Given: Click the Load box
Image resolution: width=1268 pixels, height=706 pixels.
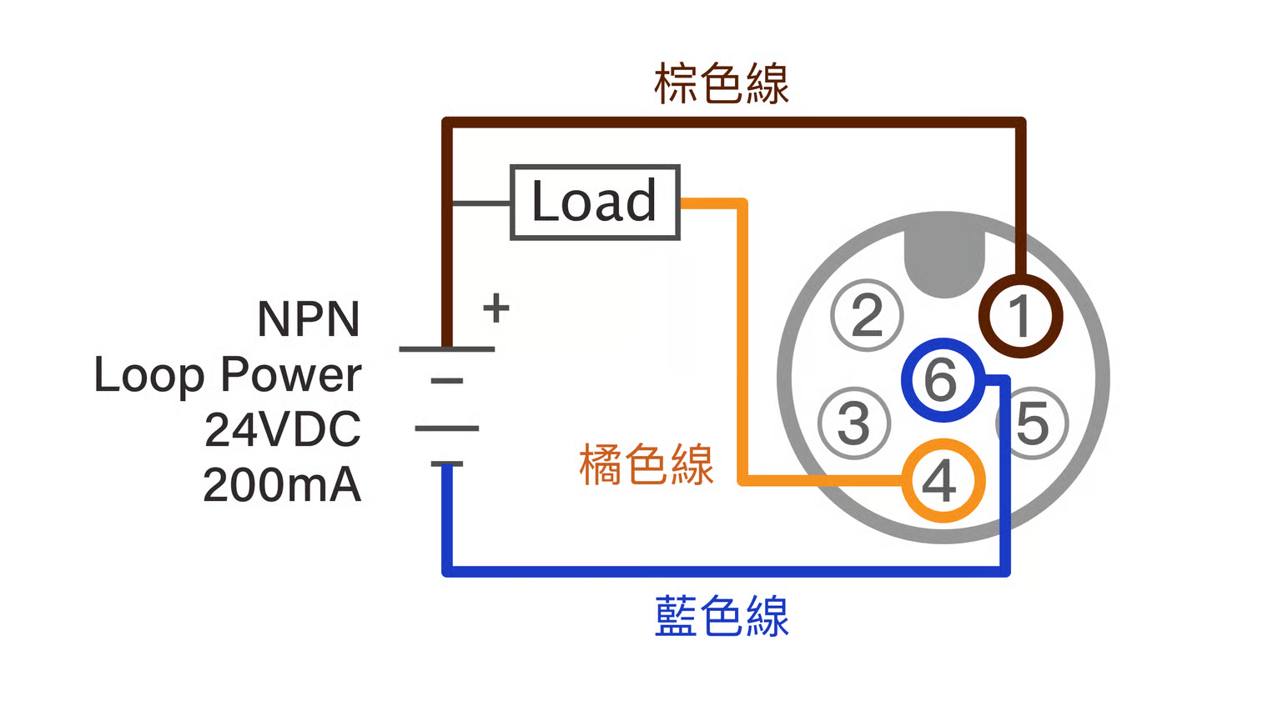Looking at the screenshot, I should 595,203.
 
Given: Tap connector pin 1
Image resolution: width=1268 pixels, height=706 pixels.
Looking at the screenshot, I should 1020,317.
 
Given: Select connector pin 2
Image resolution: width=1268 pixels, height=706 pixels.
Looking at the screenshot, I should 868,315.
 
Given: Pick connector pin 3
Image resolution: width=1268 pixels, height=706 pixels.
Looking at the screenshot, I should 854,423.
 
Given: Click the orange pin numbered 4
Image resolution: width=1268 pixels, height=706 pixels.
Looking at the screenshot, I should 943,481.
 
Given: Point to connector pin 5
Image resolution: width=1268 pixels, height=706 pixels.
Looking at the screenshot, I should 1033,423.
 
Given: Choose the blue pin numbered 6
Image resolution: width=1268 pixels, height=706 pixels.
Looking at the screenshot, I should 942,380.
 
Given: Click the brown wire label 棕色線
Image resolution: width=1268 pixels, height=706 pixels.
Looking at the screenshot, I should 721,84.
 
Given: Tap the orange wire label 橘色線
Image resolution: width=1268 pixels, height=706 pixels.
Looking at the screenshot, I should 647,465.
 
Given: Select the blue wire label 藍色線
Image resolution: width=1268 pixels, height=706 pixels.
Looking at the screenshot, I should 722,617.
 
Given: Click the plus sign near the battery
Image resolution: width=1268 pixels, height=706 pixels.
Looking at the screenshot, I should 496,308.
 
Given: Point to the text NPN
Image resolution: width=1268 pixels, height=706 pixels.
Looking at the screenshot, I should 309,319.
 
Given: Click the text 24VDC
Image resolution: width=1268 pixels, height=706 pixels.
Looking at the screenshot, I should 283,429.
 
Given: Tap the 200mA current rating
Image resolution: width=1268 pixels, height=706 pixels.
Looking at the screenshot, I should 282,485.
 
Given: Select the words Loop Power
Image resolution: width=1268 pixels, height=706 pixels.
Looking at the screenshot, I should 228,374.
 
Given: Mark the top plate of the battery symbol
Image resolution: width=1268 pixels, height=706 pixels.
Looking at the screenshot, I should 447,348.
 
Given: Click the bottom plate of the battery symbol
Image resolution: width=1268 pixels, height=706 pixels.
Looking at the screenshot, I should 447,463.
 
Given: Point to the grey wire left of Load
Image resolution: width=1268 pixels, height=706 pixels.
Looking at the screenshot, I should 481,203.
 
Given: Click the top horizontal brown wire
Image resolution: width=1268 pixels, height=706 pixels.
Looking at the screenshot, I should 734,123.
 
